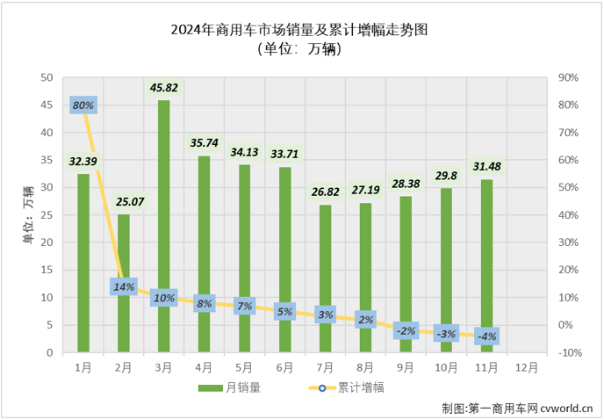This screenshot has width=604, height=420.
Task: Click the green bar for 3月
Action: tap(164, 227)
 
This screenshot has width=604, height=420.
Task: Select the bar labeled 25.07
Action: tap(124, 283)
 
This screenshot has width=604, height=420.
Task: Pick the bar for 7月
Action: tap(325, 279)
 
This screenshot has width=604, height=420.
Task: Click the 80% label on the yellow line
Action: tap(83, 105)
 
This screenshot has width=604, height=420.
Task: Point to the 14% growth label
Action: tap(124, 286)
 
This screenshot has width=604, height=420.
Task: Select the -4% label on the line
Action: tap(487, 336)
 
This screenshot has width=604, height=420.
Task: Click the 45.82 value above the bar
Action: tap(164, 87)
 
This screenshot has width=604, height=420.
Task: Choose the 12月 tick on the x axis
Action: tap(527, 366)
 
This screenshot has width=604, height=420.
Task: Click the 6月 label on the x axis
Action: tap(284, 366)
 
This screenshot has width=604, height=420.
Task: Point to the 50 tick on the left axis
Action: tap(47, 77)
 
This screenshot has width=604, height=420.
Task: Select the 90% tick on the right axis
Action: tap(569, 77)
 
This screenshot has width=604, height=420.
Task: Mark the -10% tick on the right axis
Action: tap(569, 353)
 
